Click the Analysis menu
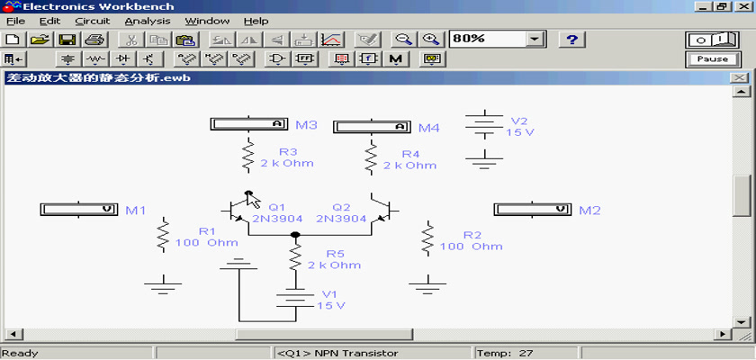coord(148,22)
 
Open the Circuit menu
coord(93,22)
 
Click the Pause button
coord(712,58)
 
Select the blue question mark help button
coord(571,40)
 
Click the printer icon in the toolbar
coord(94,40)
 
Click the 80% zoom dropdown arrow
coord(535,39)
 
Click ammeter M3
coord(248,124)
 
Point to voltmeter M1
coord(78,209)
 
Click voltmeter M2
coord(532,209)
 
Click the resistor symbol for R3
coord(247,155)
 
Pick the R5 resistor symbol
coord(295,256)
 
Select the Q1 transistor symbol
coord(238,211)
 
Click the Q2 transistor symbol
coord(383,211)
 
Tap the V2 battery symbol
coord(484,124)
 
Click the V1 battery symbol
coord(295,297)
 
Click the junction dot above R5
coord(295,235)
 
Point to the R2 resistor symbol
coord(427,238)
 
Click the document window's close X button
coord(739,78)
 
